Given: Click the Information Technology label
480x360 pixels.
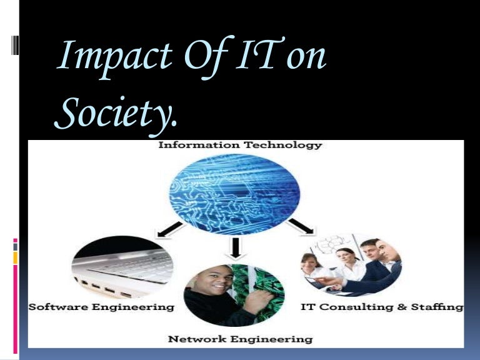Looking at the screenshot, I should click(x=240, y=145).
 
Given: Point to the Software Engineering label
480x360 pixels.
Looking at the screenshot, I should click(x=101, y=307).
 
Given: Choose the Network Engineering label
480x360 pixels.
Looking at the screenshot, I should click(x=240, y=339).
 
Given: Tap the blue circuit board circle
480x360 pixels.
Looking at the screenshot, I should click(x=236, y=187).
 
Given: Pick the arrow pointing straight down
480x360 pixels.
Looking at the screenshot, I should click(x=236, y=247).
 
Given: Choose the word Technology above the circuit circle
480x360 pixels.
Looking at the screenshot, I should click(x=282, y=145).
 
